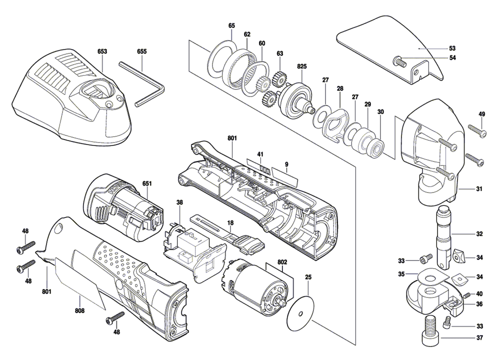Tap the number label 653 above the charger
(102, 51)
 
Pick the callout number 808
(79, 311)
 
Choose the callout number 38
(179, 202)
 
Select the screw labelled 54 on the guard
(399, 62)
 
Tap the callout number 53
(452, 48)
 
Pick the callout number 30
(380, 112)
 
